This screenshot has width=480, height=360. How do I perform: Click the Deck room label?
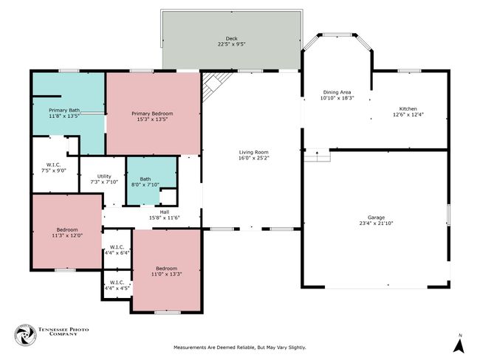(231, 38)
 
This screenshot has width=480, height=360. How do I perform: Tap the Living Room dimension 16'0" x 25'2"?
(253, 158)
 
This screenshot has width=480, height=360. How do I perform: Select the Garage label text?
(376, 218)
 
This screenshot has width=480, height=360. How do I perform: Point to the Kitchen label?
(408, 108)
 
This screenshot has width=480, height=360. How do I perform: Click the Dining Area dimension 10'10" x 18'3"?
(337, 98)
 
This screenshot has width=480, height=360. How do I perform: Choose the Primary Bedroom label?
(152, 114)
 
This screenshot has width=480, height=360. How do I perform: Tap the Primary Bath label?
(64, 110)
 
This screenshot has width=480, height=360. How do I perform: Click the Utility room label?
(104, 176)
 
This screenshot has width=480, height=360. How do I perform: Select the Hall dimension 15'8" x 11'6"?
(165, 218)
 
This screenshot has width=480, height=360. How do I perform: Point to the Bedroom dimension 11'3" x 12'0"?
(67, 235)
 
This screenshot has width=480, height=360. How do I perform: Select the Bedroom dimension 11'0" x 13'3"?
(167, 274)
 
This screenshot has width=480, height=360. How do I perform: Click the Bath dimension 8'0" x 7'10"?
(145, 184)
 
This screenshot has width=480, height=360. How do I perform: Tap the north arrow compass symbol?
(459, 344)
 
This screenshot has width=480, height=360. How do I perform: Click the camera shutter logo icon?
(26, 335)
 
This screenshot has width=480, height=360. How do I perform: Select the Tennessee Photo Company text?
(64, 331)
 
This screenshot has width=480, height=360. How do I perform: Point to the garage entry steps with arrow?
(317, 155)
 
